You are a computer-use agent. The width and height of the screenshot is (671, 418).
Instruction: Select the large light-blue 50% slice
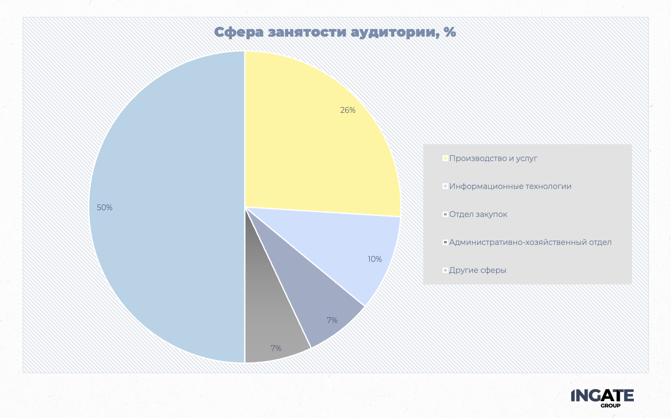pyautogui.click(x=164, y=207)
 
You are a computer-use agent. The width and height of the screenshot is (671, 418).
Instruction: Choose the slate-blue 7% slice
pyautogui.click(x=313, y=299)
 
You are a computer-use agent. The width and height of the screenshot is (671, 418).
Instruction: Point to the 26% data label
pyautogui.click(x=348, y=110)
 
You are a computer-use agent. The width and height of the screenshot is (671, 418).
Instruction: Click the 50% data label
pyautogui.click(x=105, y=208)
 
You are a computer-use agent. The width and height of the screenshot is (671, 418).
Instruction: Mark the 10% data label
pyautogui.click(x=375, y=259)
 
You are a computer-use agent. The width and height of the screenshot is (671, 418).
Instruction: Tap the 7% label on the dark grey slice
pyautogui.click(x=276, y=348)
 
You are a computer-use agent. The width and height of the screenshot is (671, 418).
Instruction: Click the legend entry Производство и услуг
pyautogui.click(x=493, y=158)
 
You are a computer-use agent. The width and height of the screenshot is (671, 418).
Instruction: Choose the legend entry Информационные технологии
pyautogui.click(x=510, y=186)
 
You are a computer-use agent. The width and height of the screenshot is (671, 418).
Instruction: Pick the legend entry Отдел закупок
pyautogui.click(x=478, y=214)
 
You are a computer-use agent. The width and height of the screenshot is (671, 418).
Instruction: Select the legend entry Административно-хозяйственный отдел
pyautogui.click(x=530, y=242)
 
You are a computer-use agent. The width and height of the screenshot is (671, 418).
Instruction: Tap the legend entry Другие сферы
pyautogui.click(x=478, y=270)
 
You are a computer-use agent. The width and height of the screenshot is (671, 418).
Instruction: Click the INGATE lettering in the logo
pyautogui.click(x=602, y=395)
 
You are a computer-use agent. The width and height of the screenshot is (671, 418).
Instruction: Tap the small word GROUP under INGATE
pyautogui.click(x=610, y=405)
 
